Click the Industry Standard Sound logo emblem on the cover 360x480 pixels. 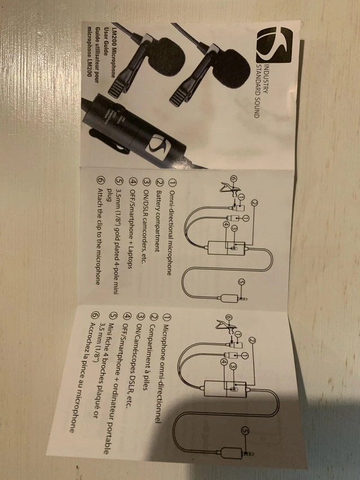coord(274,45)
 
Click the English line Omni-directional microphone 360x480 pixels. coord(170,232)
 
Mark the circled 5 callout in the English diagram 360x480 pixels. coord(241,282)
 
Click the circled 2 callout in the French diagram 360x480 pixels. coord(252,339)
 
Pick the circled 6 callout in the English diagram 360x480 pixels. coord(233,178)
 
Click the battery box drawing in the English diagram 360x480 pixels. coord(227,248)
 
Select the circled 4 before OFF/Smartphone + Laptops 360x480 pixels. coord(133,181)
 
